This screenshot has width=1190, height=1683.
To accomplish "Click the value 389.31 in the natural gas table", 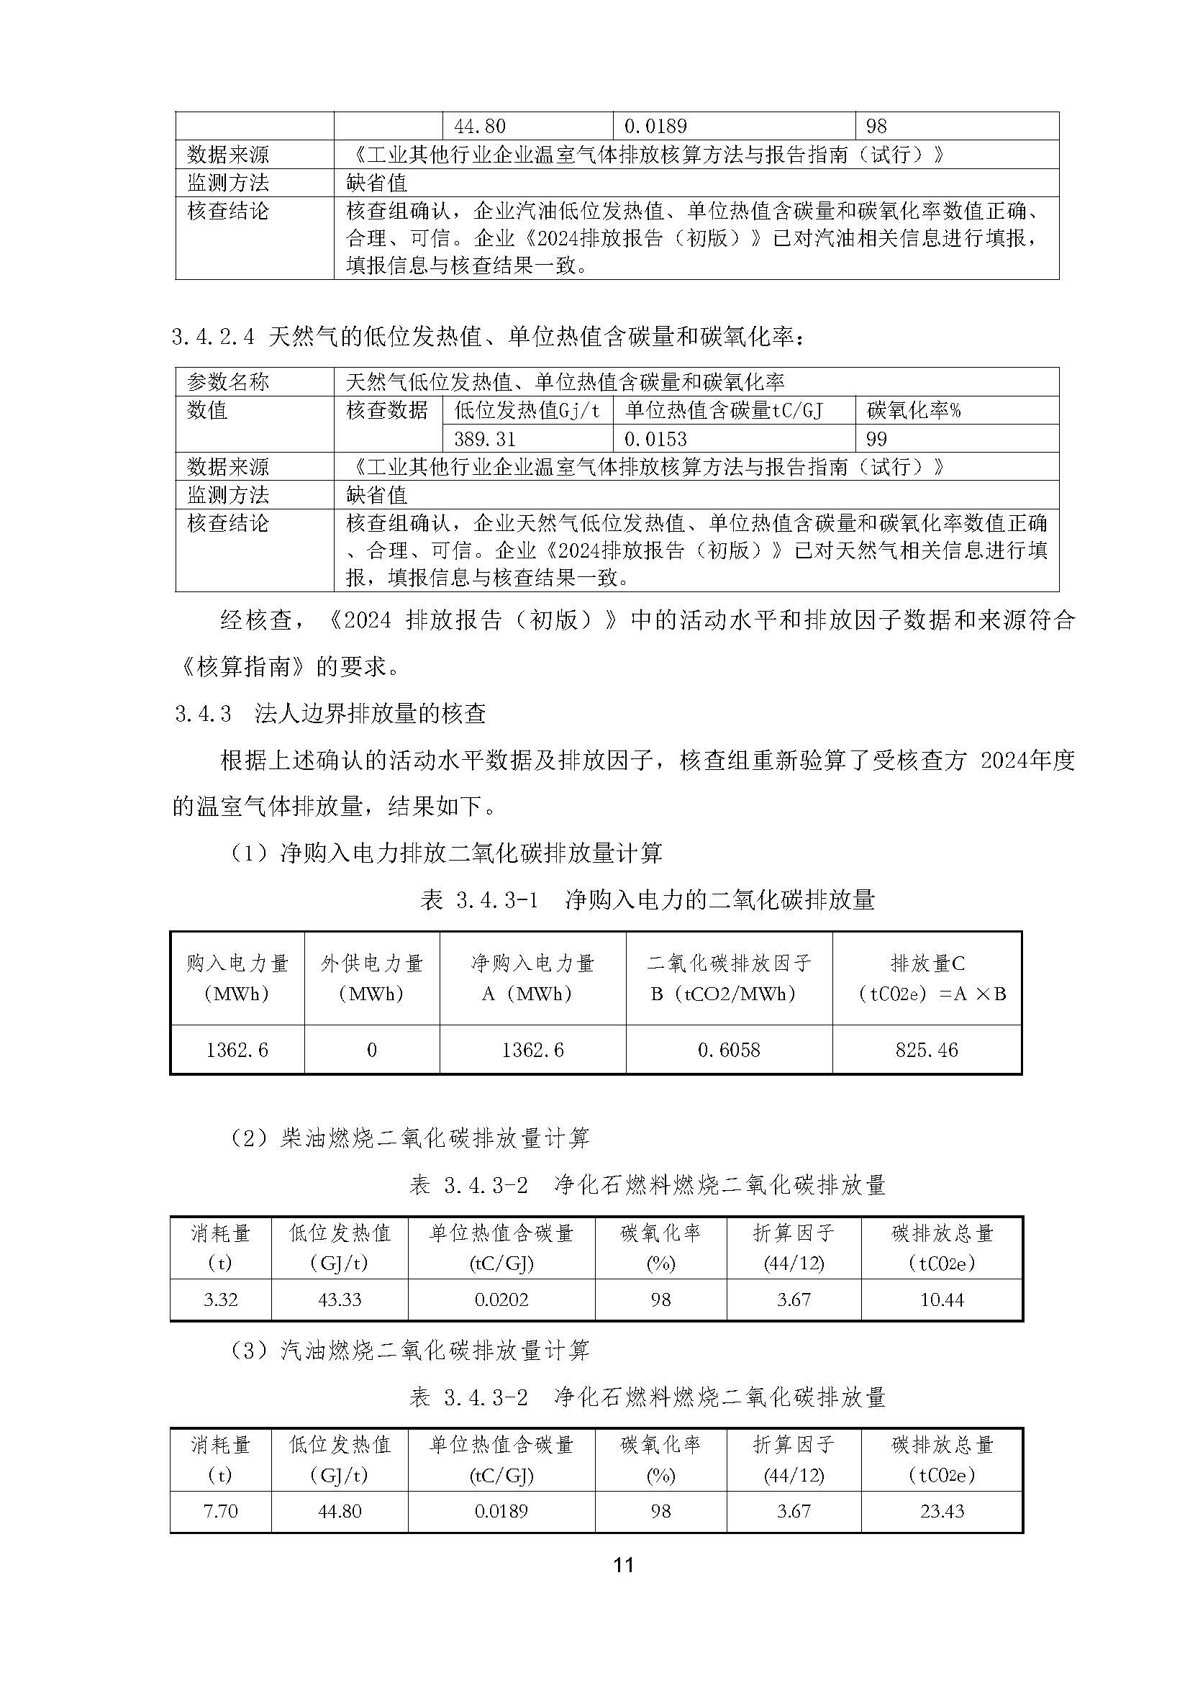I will (x=484, y=439).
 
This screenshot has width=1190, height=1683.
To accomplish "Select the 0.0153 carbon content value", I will (x=655, y=439).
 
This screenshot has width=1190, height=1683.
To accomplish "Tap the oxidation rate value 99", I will (x=876, y=439).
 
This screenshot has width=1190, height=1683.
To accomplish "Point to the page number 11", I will (x=623, y=1565).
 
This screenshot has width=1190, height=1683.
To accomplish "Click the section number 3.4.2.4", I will (x=213, y=337).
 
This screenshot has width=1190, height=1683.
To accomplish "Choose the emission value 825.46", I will (x=926, y=1050).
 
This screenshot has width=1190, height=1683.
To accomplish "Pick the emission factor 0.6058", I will (x=728, y=1050).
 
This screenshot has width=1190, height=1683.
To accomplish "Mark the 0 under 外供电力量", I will (x=371, y=1050).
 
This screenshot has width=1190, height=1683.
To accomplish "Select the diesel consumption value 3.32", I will (x=220, y=1299).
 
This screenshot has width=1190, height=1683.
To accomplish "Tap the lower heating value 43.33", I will (x=340, y=1299).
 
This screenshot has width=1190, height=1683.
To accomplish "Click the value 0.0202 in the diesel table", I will (x=501, y=1299).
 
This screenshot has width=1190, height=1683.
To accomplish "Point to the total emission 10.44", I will (x=942, y=1299).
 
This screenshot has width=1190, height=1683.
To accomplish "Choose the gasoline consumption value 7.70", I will (x=220, y=1511).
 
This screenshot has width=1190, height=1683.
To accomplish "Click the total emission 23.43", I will (x=942, y=1511).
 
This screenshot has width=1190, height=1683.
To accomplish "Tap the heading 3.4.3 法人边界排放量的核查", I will (x=330, y=713).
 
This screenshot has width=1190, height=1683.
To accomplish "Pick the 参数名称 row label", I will (x=228, y=382).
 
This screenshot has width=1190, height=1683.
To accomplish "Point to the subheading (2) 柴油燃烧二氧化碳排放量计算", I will (x=409, y=1138).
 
